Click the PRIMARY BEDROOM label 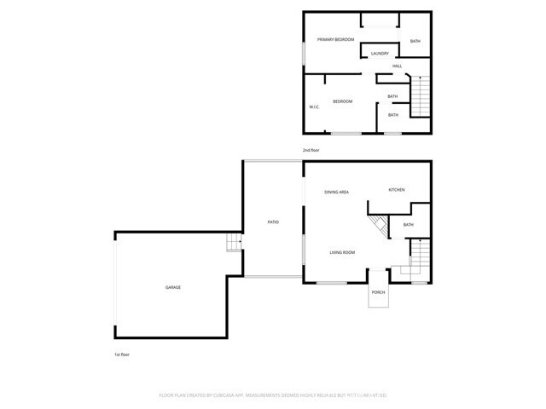(x=335, y=40)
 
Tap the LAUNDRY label (x=380, y=54)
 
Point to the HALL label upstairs (x=397, y=66)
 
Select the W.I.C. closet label (x=313, y=107)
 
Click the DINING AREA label (x=336, y=192)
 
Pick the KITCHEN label (x=397, y=189)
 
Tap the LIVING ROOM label (x=343, y=252)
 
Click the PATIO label (x=273, y=222)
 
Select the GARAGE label (x=173, y=287)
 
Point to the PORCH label (x=378, y=292)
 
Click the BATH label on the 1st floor (x=408, y=225)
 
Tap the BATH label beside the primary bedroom (x=415, y=42)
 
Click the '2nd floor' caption (x=311, y=150)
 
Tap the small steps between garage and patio (x=233, y=245)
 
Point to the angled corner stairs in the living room (x=378, y=227)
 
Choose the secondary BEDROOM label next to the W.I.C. (x=342, y=101)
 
